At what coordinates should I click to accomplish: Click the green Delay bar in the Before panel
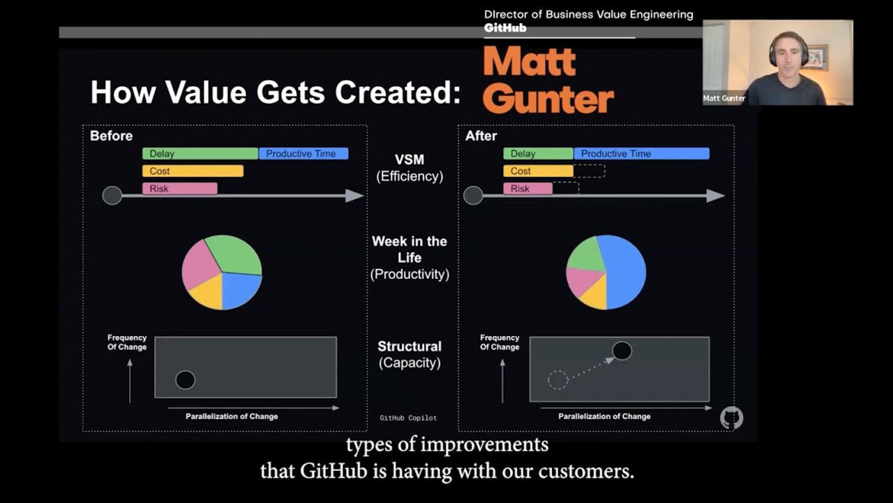[200, 154]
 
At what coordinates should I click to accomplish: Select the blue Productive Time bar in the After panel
[641, 154]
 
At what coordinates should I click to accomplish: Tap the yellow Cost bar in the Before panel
[193, 171]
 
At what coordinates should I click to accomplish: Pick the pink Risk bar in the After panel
[527, 189]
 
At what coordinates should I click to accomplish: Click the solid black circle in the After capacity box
[622, 351]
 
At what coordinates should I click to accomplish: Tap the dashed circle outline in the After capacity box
[558, 379]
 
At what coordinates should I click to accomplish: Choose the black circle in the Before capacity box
[185, 379]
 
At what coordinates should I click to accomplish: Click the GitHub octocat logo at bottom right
[731, 418]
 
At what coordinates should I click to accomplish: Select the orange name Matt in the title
[530, 63]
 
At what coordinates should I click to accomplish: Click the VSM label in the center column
[409, 160]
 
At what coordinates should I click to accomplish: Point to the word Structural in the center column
[410, 347]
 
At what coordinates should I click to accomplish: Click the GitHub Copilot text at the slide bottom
[408, 418]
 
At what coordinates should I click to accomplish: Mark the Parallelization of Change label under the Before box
[232, 416]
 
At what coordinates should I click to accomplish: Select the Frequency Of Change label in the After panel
[500, 342]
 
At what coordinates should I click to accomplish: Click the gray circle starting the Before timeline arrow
[112, 196]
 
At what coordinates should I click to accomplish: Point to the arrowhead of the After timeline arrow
[716, 196]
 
